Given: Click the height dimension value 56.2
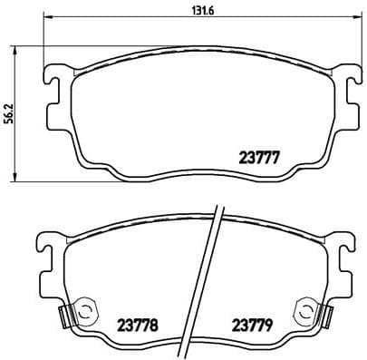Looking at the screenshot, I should point(9,112).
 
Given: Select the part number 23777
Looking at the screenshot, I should point(258,156).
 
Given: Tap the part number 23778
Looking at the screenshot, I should point(138,323).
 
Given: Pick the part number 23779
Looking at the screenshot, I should point(253,323).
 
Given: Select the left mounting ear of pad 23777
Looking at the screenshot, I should point(53,80).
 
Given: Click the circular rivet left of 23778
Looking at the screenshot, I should point(84,311).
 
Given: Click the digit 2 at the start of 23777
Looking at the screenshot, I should point(241,156).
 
